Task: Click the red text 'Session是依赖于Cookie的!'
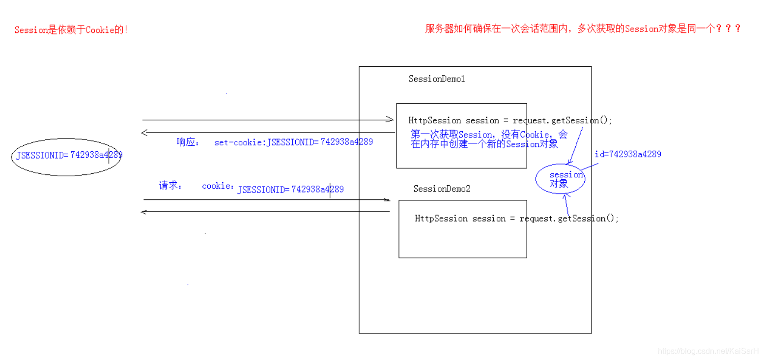click(x=71, y=30)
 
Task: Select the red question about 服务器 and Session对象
click(x=583, y=28)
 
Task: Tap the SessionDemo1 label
click(x=436, y=79)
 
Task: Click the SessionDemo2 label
click(x=442, y=189)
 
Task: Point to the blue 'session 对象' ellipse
click(x=560, y=179)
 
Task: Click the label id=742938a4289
click(x=627, y=154)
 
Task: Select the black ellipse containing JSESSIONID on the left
click(x=65, y=156)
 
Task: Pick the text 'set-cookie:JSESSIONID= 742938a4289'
click(x=293, y=142)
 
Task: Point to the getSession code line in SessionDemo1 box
click(x=510, y=121)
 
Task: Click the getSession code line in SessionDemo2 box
click(x=517, y=219)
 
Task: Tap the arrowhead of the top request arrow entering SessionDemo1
click(x=391, y=120)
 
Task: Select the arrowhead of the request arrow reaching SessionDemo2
click(x=387, y=200)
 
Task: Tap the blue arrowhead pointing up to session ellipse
click(x=565, y=196)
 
